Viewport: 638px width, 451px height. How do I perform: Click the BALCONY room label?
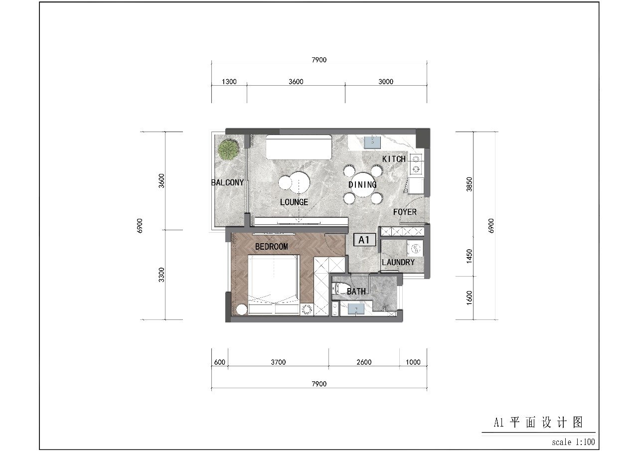(227, 182)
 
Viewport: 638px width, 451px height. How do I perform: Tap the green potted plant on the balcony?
(228, 150)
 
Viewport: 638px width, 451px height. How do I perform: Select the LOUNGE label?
(294, 202)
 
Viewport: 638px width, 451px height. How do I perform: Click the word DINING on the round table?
(362, 185)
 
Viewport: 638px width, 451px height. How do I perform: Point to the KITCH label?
(394, 159)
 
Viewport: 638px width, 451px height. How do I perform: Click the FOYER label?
(405, 212)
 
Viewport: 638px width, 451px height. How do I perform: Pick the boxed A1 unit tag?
(364, 240)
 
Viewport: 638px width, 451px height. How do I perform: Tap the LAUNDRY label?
(398, 262)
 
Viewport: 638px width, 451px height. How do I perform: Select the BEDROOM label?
(272, 247)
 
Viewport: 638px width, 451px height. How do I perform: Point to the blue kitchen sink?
(372, 143)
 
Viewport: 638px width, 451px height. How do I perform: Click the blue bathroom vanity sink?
(356, 308)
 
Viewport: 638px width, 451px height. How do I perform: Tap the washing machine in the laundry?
(415, 249)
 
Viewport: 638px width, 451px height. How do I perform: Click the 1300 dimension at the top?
(229, 82)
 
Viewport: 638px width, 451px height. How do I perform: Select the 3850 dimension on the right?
(469, 184)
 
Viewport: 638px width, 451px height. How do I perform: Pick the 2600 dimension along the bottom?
(364, 362)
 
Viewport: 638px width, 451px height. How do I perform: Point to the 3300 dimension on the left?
(161, 275)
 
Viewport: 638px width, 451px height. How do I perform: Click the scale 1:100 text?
(573, 442)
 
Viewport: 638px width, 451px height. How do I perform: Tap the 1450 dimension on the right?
(469, 256)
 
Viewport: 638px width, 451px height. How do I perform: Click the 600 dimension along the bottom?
(220, 362)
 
